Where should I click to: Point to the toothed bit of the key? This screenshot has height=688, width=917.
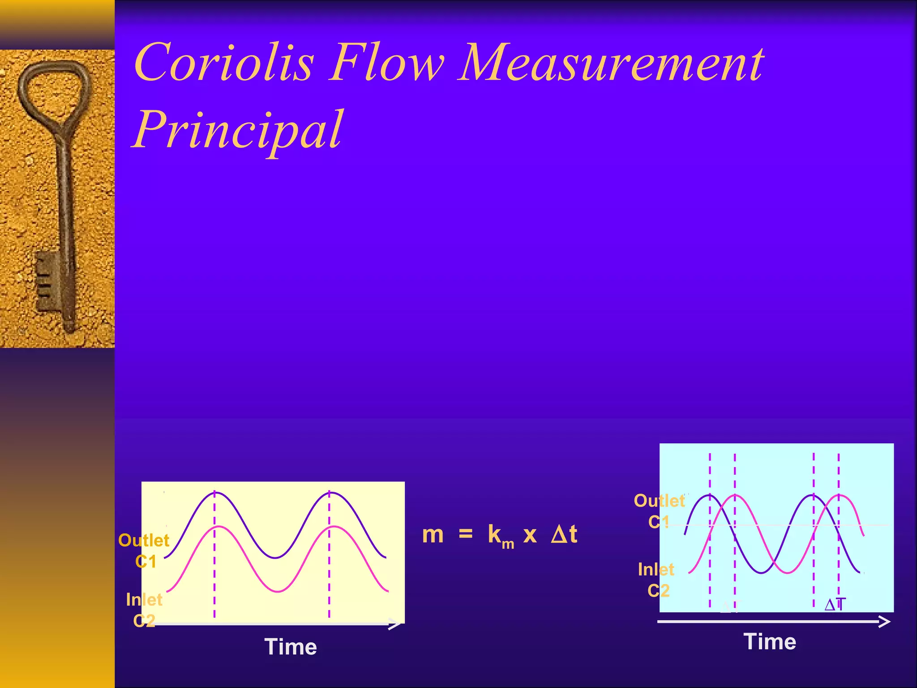coord(47,280)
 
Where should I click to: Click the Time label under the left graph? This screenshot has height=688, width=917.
coord(291,647)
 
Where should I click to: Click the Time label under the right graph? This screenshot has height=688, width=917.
coord(770,641)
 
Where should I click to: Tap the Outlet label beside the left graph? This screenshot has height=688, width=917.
coord(144,541)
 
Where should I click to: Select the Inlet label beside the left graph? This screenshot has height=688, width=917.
coord(144,600)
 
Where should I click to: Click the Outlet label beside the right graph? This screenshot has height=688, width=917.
coord(659,501)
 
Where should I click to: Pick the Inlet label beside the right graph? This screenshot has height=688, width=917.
coord(656,569)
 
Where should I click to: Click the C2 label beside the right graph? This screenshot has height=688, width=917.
coord(658,591)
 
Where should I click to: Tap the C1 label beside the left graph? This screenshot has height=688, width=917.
coord(146,562)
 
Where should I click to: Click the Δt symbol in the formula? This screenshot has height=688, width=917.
coord(564,534)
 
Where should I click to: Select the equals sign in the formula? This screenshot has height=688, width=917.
coord(466,534)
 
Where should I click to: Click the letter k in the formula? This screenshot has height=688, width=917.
coord(494,534)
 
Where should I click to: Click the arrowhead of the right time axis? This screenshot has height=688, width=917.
coord(885,622)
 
